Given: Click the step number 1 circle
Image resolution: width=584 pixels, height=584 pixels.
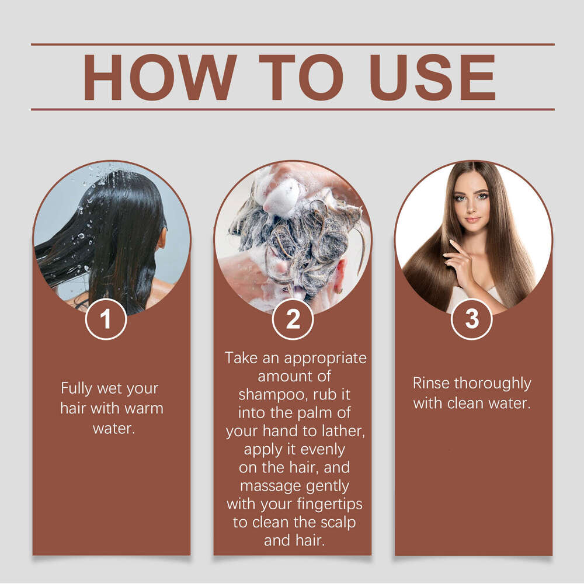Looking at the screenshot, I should click(106, 319).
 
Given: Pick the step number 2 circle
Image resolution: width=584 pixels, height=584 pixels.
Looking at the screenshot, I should click(293, 319).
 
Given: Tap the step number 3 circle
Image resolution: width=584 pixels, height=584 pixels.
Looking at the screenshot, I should click(471, 319).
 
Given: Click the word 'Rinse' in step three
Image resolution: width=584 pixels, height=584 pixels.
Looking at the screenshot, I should click(431, 384).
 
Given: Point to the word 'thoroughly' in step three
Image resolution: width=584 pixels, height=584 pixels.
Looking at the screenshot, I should click(493, 384).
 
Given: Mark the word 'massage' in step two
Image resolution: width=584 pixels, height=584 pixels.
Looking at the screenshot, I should click(270, 485).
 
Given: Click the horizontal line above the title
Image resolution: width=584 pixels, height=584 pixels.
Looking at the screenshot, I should click(292, 44).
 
